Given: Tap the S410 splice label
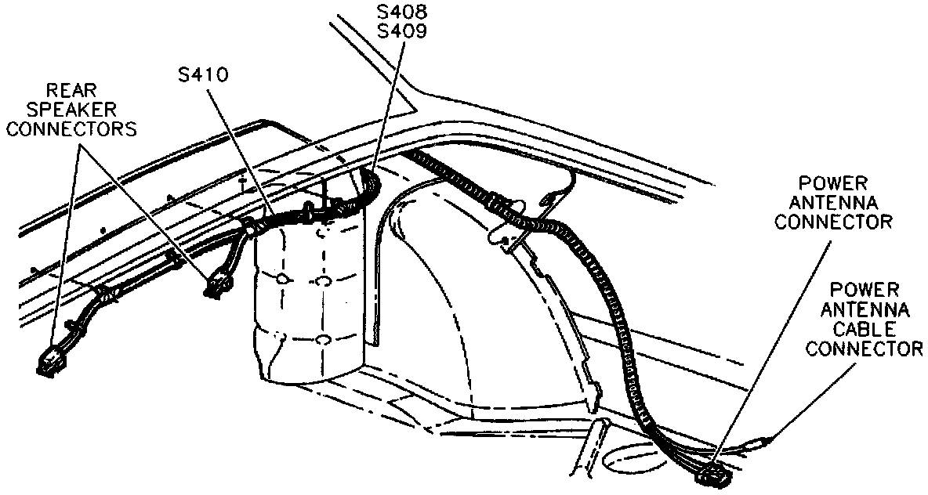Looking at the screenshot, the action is coord(202,75).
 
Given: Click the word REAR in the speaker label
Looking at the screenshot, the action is coord(71,91).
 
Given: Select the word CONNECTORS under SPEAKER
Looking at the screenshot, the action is coord(71,128).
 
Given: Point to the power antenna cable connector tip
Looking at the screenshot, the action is coord(762,443).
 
